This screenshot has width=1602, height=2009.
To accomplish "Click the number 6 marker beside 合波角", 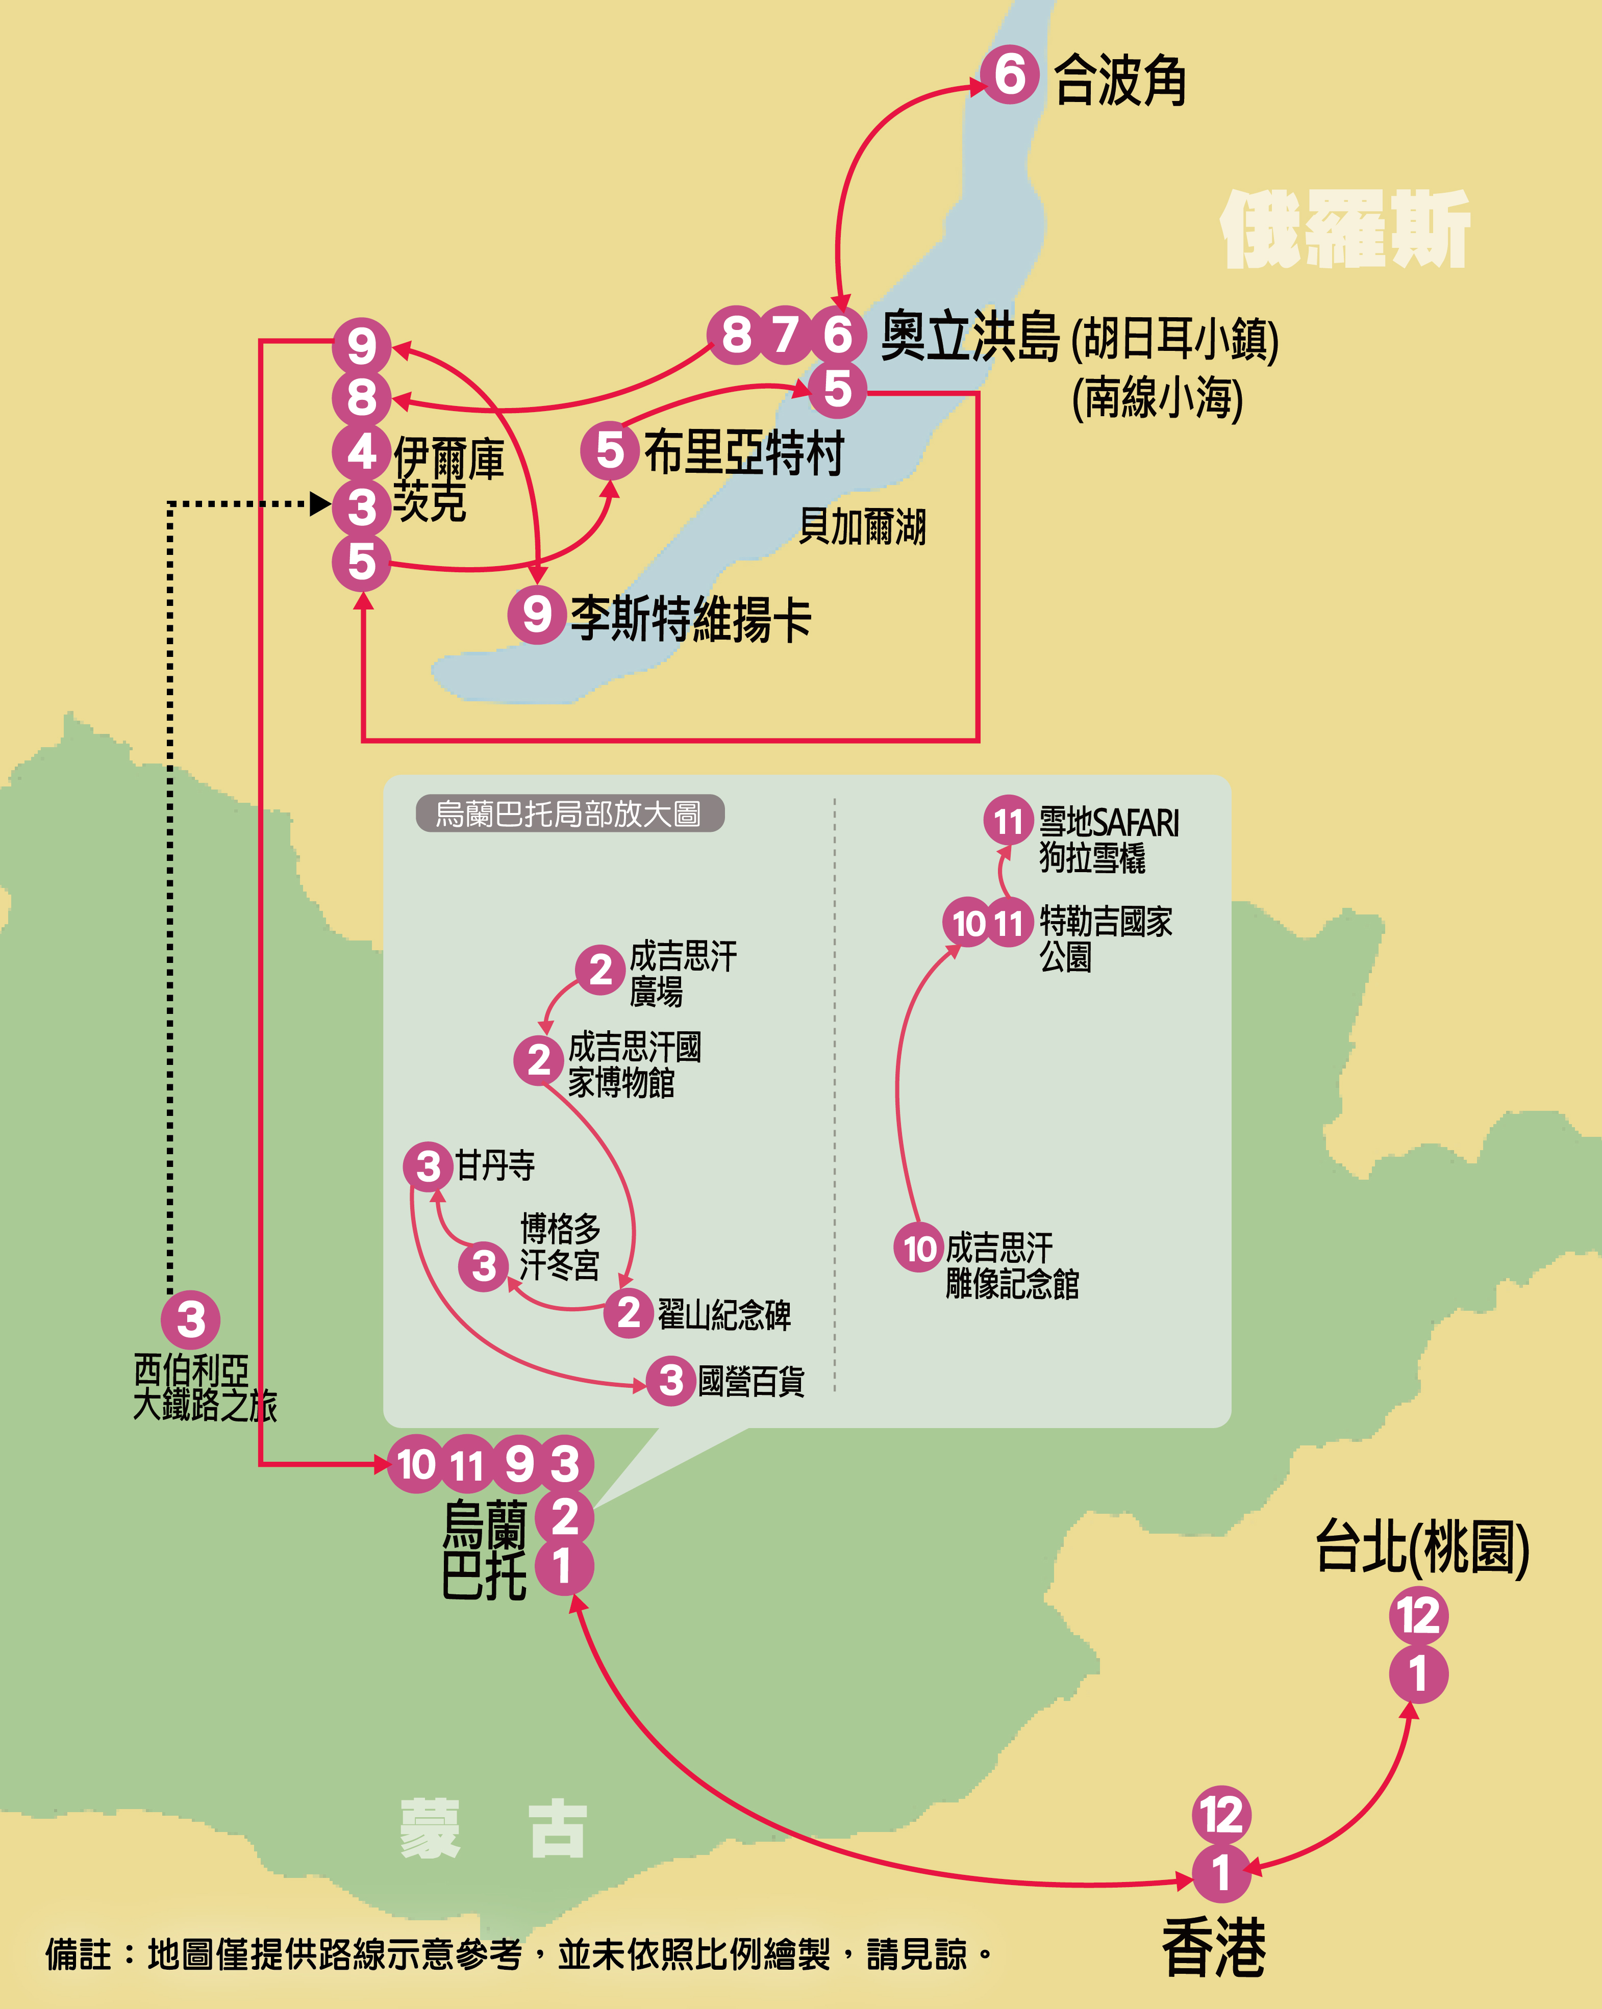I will click(1009, 74).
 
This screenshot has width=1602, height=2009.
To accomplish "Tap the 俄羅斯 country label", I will click(1345, 230).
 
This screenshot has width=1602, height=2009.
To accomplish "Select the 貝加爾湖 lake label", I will click(862, 526).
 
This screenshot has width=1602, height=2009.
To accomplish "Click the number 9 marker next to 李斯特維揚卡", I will click(537, 614).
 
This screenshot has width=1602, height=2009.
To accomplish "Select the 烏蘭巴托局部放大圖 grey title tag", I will click(569, 813).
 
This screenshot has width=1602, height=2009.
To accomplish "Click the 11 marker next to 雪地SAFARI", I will click(1008, 821).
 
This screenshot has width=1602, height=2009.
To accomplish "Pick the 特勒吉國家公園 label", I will click(1105, 938).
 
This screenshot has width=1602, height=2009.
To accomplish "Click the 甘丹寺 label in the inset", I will click(495, 1166).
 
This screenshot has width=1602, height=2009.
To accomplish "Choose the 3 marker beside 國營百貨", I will click(671, 1380).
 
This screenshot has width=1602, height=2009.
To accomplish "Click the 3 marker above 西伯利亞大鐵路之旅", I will click(191, 1319).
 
